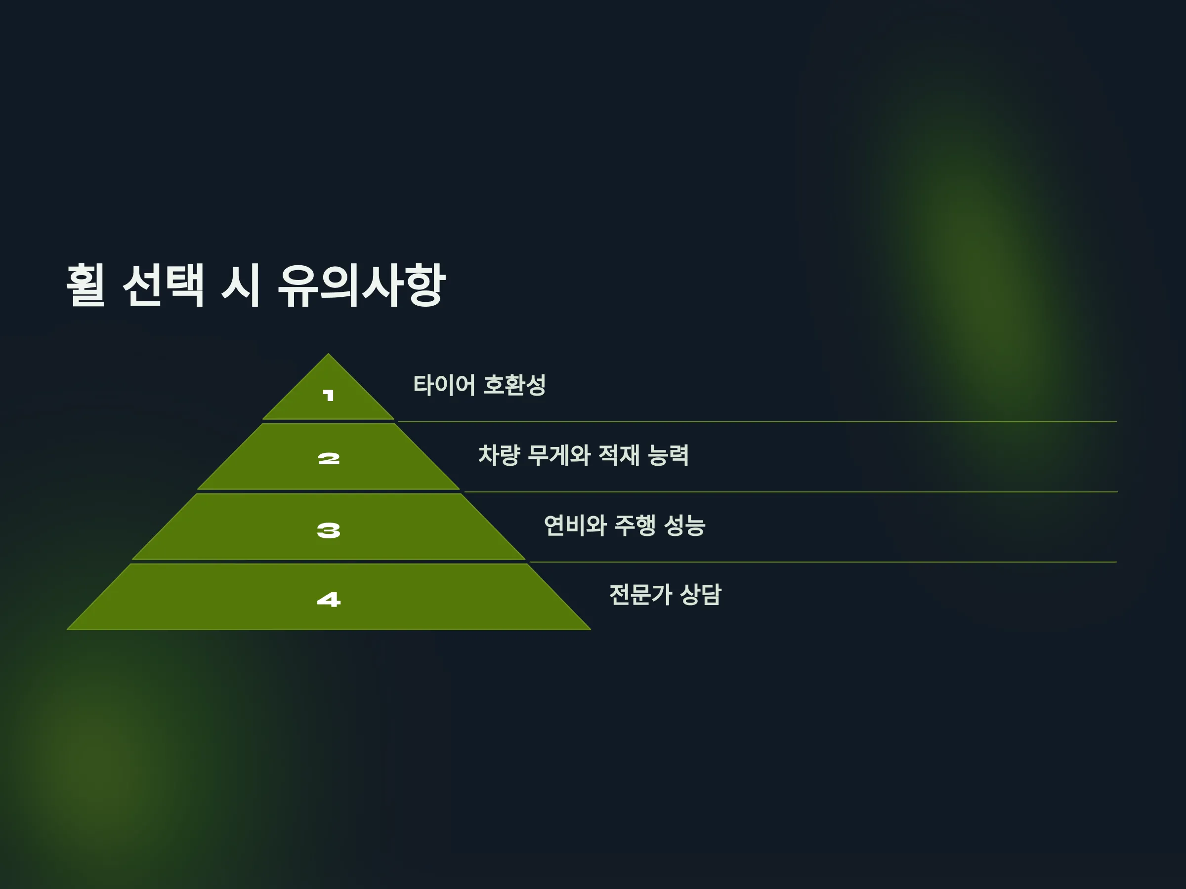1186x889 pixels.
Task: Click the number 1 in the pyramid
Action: (x=329, y=396)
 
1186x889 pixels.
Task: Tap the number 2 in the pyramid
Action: (x=329, y=459)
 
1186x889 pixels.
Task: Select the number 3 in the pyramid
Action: (x=329, y=530)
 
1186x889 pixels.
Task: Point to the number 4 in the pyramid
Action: (x=329, y=599)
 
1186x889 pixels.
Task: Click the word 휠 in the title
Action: (x=86, y=285)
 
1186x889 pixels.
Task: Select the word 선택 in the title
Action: (x=164, y=285)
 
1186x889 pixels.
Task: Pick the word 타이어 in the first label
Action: (x=444, y=385)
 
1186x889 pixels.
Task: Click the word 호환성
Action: (x=515, y=385)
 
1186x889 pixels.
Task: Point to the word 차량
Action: (x=499, y=455)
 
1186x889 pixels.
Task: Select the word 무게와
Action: (x=559, y=455)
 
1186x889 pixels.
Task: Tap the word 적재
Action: (x=619, y=455)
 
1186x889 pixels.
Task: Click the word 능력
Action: (x=668, y=455)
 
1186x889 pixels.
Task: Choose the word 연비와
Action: (x=575, y=525)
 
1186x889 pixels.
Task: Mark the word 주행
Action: (x=635, y=525)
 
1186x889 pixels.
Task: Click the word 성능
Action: (x=685, y=525)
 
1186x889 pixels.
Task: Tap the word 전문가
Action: (x=641, y=595)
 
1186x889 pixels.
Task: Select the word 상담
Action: (x=701, y=595)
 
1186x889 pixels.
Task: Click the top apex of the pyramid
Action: (x=329, y=354)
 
